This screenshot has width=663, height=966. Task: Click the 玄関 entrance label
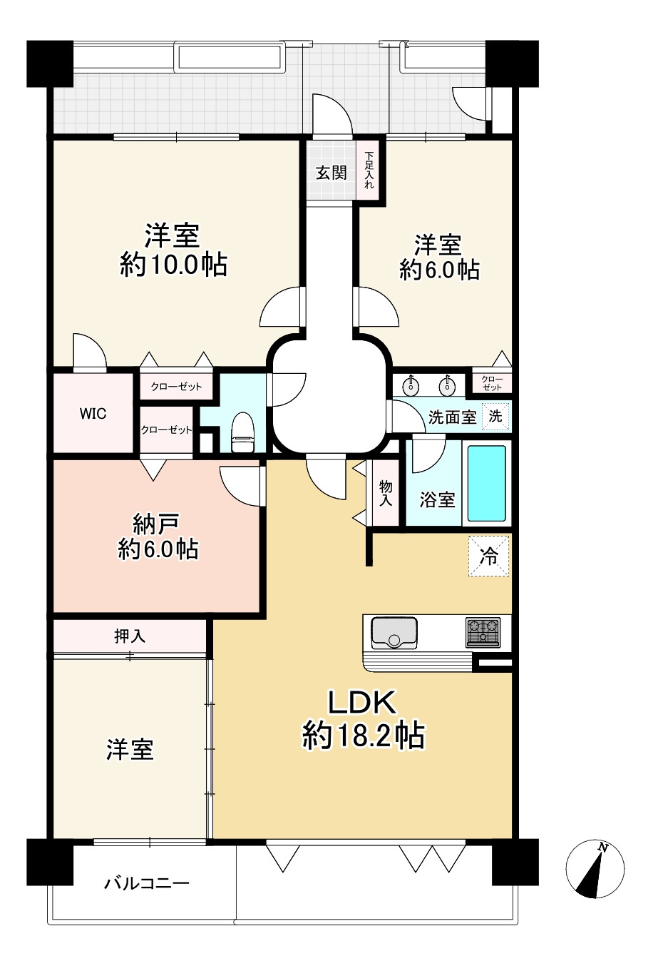tap(331, 173)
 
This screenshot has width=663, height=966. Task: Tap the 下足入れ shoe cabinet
tap(369, 170)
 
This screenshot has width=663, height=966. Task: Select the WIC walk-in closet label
tap(93, 414)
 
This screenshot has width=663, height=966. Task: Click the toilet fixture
tap(243, 432)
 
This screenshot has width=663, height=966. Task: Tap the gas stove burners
tap(483, 633)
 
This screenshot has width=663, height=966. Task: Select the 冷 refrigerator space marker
tap(489, 556)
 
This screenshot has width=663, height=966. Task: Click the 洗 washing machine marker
tap(495, 417)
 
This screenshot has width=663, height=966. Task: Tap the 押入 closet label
tap(130, 636)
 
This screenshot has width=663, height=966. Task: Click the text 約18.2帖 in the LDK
tap(363, 736)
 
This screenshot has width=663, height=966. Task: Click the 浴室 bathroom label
tap(437, 499)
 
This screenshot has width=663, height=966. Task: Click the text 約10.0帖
tap(174, 265)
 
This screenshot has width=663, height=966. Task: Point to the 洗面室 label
tap(452, 417)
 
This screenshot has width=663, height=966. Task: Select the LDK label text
tap(362, 702)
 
